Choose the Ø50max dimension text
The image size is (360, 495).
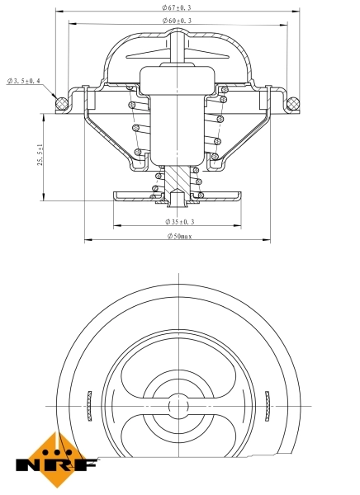179,237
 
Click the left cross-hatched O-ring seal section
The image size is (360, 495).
59,104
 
